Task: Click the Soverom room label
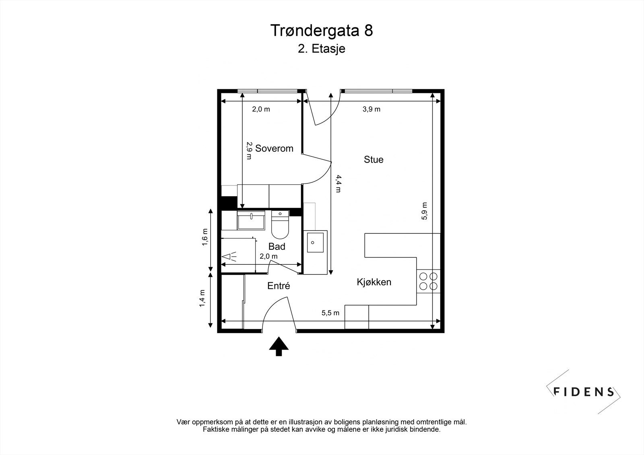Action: tap(274, 148)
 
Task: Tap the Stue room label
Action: tap(374, 160)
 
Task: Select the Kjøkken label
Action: tap(374, 282)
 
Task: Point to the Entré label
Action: tap(279, 286)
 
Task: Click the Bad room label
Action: tap(277, 247)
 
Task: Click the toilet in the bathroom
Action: tap(280, 226)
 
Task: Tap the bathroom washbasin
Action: tap(251, 221)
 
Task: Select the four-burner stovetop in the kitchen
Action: tap(428, 281)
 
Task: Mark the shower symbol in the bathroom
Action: tap(229, 256)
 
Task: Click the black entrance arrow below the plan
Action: tap(279, 346)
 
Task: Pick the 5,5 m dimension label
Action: tap(330, 313)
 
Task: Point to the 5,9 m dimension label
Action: tap(424, 211)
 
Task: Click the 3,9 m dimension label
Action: tap(372, 109)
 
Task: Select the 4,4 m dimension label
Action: tap(338, 183)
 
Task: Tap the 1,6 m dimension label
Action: tap(204, 237)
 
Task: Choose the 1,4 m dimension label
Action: tap(202, 298)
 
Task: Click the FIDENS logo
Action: tap(584, 391)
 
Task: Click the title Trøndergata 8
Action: tap(322, 31)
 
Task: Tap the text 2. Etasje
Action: tap(322, 49)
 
